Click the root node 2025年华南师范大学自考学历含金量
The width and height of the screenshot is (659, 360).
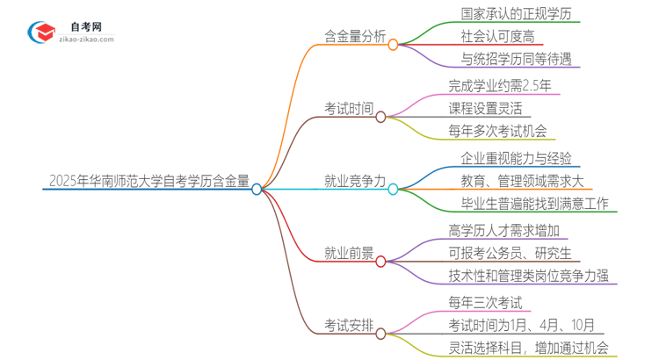146,182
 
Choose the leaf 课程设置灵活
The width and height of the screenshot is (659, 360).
484,109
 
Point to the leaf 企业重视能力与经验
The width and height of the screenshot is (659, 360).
516,158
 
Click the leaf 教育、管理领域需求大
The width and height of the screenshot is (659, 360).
522,182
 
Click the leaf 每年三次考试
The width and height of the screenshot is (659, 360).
484,303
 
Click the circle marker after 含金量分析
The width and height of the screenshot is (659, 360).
393,44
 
